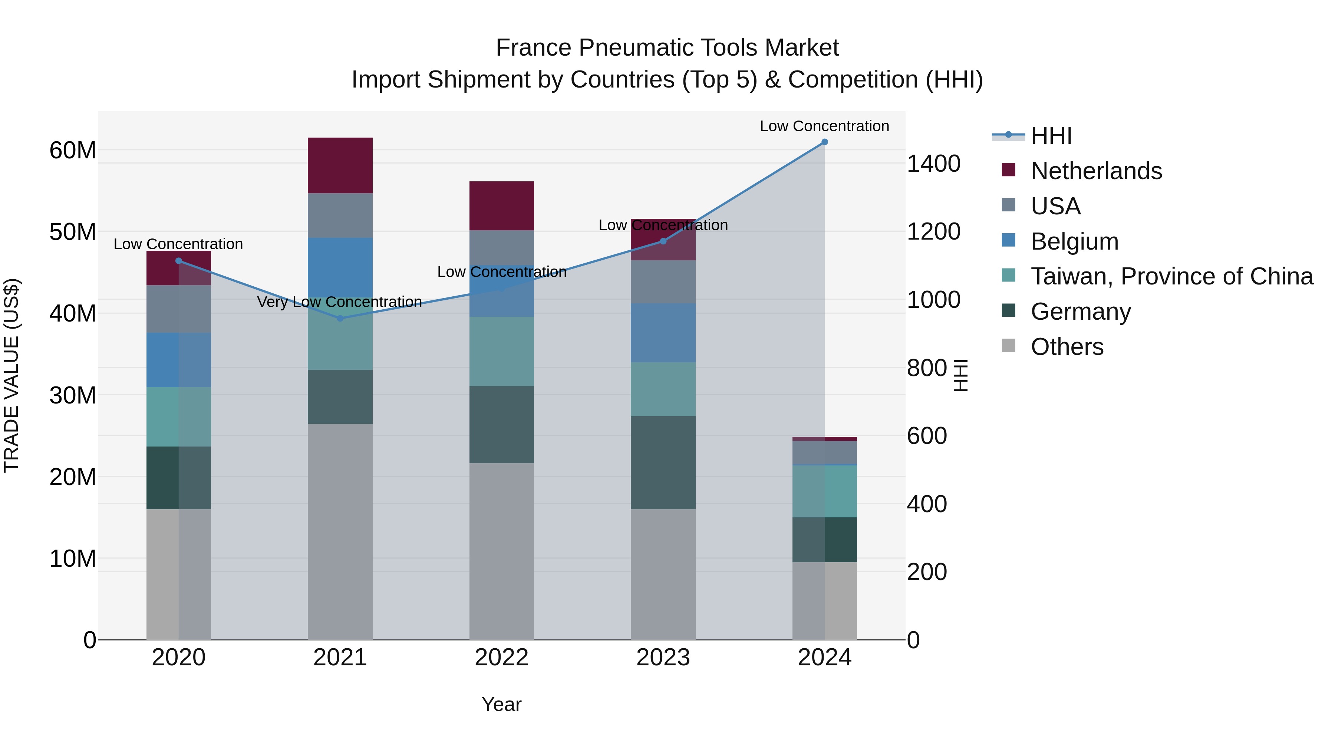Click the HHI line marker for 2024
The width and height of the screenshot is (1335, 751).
[x=824, y=142]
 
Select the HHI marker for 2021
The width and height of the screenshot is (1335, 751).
[x=340, y=318]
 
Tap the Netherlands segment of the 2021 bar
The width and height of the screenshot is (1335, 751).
[x=340, y=165]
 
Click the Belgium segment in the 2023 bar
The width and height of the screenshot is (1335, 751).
[x=663, y=333]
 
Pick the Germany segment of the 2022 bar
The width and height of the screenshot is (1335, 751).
[x=501, y=425]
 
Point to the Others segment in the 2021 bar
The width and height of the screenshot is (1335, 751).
[x=340, y=531]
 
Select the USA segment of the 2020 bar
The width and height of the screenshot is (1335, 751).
[x=178, y=309]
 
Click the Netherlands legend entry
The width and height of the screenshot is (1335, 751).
[x=1096, y=171]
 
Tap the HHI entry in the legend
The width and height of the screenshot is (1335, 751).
[x=1051, y=136]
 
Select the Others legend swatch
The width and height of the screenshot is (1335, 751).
[x=1009, y=345]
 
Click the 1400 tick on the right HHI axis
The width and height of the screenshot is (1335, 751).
[x=933, y=164]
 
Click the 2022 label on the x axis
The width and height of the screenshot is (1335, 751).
[x=501, y=658]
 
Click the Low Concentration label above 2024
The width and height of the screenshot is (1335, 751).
[x=824, y=126]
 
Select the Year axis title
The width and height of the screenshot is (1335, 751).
[x=501, y=704]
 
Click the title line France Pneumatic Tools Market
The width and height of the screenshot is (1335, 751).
[x=667, y=48]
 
